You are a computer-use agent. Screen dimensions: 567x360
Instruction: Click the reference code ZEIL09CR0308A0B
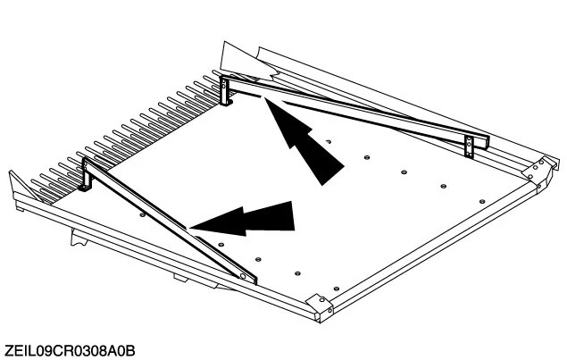click(71, 350)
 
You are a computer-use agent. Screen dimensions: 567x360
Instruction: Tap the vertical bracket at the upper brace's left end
click(226, 90)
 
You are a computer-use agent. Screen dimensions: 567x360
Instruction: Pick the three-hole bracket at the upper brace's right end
click(469, 147)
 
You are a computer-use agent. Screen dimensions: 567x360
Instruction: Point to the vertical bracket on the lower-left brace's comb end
click(86, 174)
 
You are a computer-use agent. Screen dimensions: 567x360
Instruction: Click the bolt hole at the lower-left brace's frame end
click(243, 276)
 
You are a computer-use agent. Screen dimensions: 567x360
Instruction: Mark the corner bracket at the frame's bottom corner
click(321, 306)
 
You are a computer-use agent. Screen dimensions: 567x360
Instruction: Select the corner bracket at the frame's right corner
click(538, 171)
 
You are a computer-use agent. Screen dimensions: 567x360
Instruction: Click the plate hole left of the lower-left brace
click(143, 214)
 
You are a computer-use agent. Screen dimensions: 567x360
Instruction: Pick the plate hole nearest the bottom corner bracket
click(337, 289)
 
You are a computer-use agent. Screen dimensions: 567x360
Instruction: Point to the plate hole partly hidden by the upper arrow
click(329, 141)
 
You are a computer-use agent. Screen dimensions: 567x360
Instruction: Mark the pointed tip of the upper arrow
click(265, 98)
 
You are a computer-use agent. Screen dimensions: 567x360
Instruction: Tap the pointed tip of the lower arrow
click(190, 228)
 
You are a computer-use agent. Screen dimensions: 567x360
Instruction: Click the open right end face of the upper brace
click(487, 143)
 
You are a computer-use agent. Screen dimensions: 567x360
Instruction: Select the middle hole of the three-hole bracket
click(469, 145)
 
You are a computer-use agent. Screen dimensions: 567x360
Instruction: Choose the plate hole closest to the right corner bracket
click(481, 202)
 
